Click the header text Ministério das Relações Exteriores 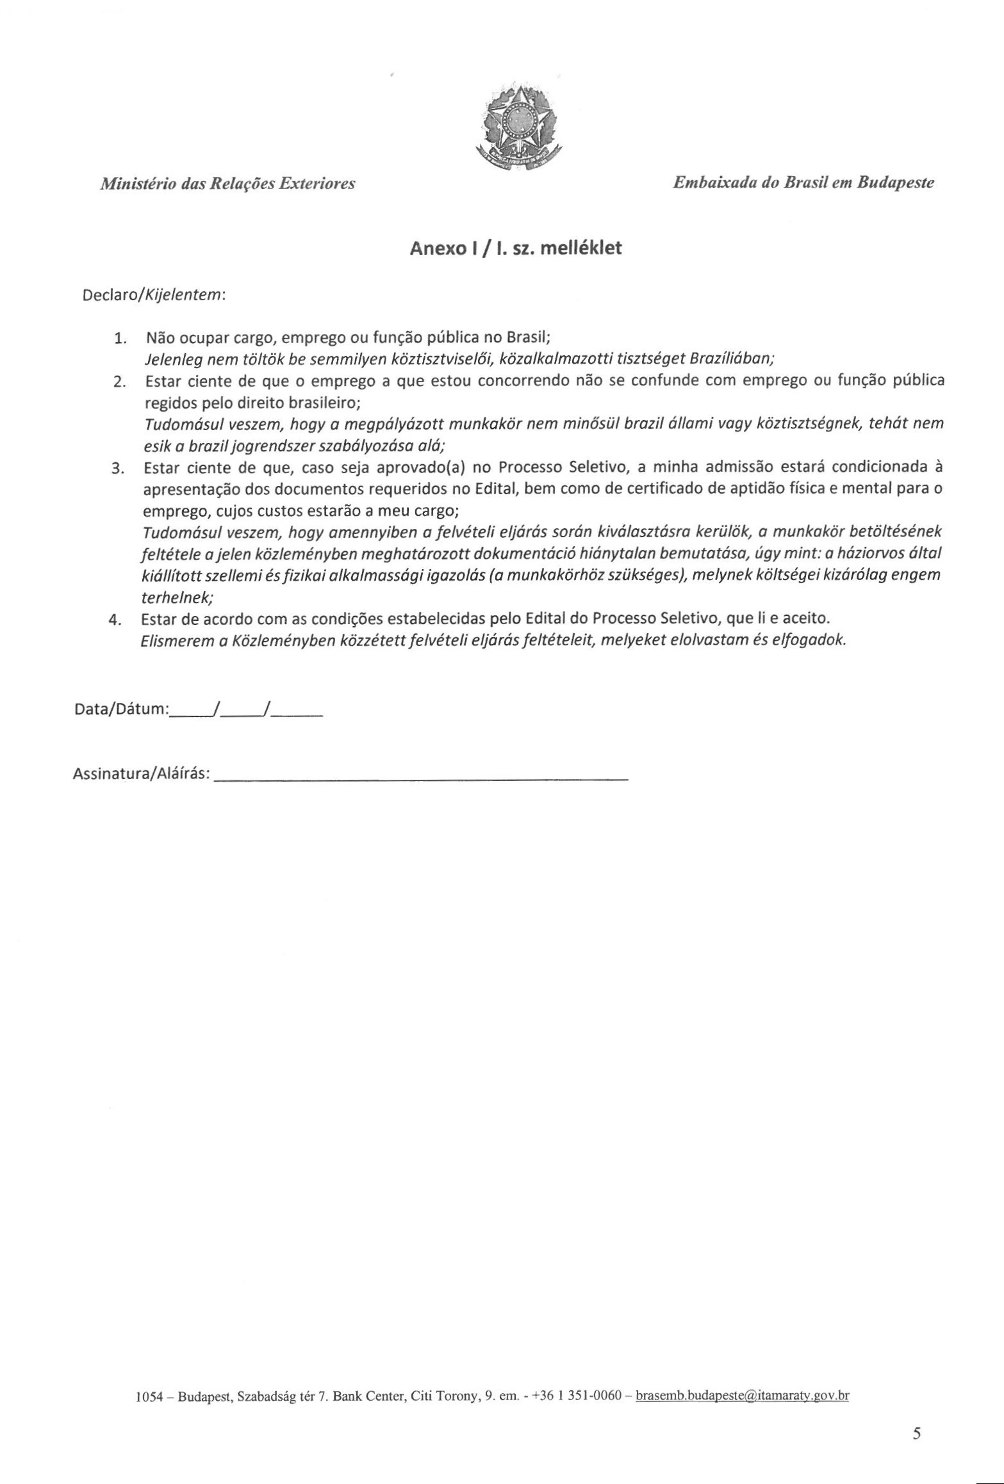click(227, 184)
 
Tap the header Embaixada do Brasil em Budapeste click(803, 183)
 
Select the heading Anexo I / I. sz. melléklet click(516, 248)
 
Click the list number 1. click(120, 338)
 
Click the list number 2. click(119, 382)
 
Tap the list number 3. click(117, 469)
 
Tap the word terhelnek click(176, 598)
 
